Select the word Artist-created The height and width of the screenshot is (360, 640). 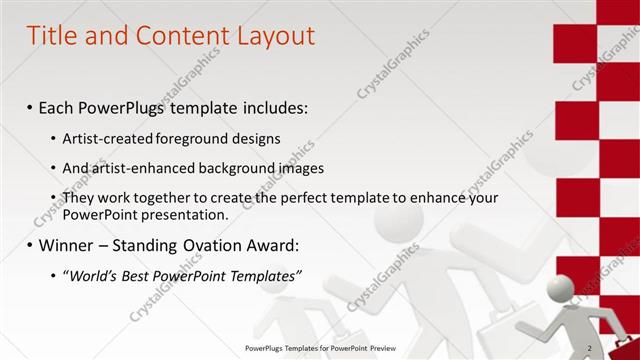pos(108,138)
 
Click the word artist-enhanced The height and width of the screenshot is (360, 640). pos(138,168)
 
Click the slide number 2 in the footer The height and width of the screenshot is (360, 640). pos(590,348)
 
